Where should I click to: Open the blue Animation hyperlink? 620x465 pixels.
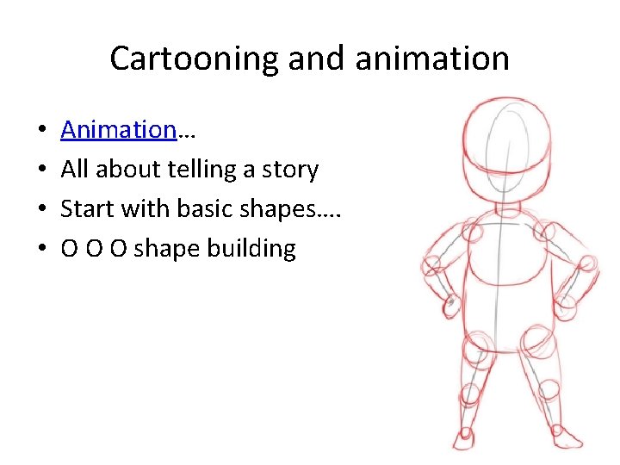point(118,130)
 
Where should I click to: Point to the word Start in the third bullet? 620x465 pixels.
point(85,209)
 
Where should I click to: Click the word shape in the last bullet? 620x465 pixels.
point(167,249)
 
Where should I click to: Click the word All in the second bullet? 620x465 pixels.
point(75,170)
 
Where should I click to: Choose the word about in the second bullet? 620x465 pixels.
point(125,170)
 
